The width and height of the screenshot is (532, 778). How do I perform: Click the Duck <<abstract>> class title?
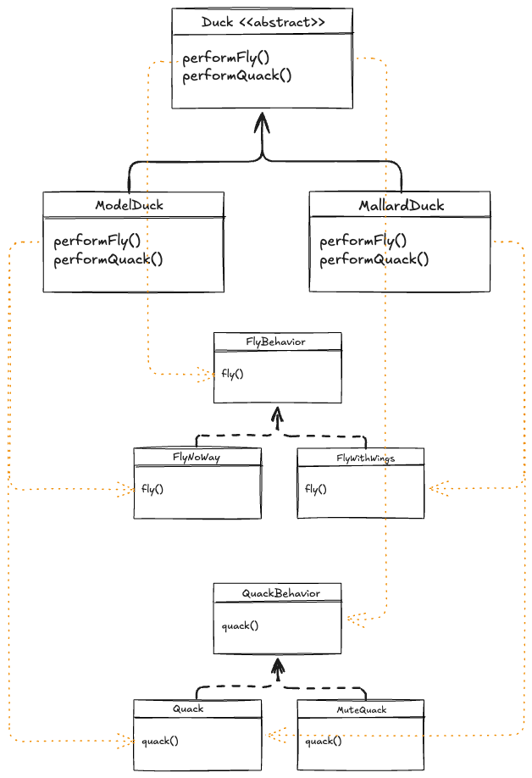[263, 22]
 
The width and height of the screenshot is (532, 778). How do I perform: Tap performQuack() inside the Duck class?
[237, 75]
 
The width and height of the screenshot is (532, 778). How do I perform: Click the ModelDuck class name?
[129, 205]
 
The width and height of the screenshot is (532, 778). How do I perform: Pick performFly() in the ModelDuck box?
[97, 242]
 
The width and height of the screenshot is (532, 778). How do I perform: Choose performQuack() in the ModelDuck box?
[108, 259]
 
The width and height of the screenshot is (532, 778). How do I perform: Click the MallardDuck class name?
[401, 205]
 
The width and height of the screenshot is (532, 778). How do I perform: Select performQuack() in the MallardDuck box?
[374, 259]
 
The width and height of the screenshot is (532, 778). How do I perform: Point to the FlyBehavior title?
[276, 342]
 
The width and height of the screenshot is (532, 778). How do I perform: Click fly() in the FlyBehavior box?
[233, 373]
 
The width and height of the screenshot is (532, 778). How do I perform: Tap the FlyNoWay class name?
[197, 458]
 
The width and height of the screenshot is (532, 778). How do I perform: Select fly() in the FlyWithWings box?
[315, 489]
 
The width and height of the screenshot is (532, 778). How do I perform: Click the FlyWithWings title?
[366, 458]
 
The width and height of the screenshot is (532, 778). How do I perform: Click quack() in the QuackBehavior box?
[240, 626]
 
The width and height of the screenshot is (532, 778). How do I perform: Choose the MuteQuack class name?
[362, 709]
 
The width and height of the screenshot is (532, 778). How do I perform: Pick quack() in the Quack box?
[160, 741]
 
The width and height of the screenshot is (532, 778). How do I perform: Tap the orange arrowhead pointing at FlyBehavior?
[207, 374]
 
